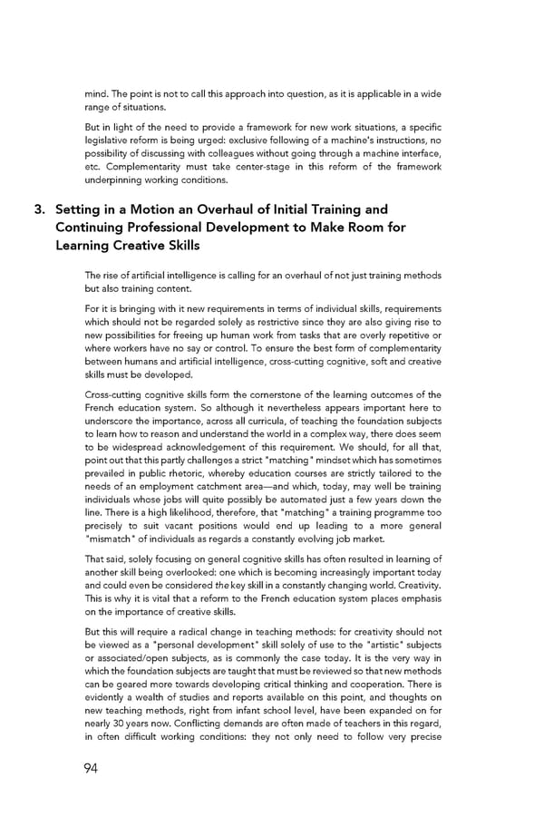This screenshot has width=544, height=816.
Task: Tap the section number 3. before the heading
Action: click(x=41, y=209)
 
